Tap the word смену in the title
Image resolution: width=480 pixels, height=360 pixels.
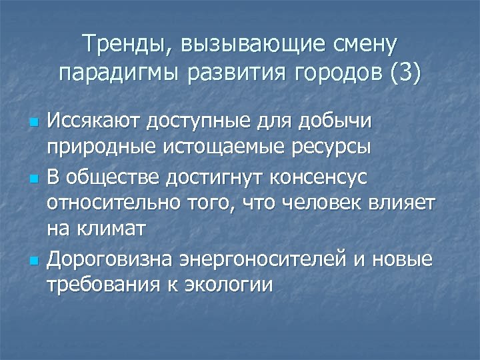pos(363,45)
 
